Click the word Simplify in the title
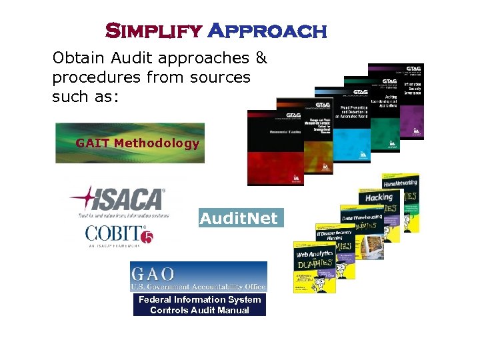(153, 31)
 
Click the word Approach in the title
(267, 31)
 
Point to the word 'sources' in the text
(219, 77)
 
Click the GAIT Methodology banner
(131, 143)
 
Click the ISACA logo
(119, 200)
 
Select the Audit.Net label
(239, 218)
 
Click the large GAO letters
(153, 273)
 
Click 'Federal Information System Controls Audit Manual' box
(199, 305)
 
